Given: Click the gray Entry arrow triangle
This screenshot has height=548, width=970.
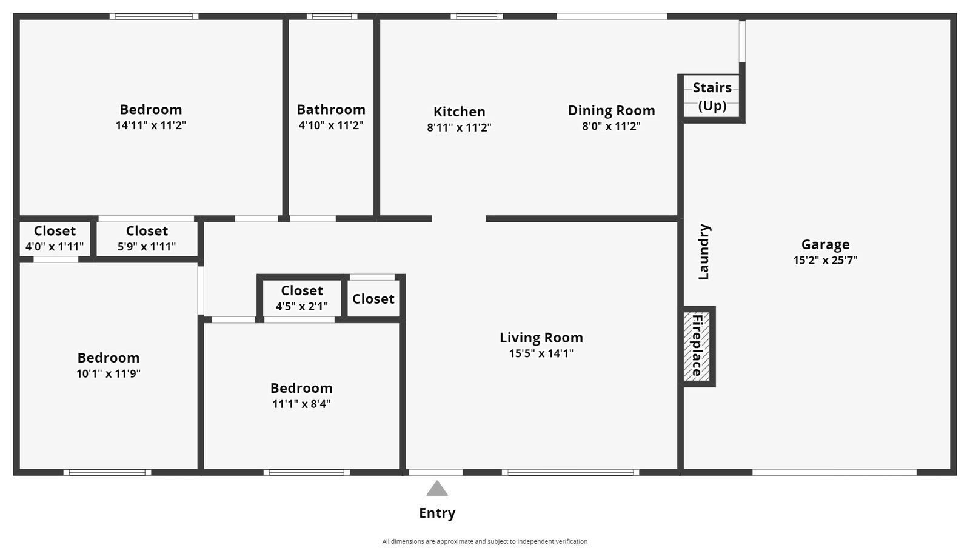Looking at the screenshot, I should (x=436, y=489).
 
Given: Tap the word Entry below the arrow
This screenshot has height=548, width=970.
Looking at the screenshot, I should (x=436, y=513).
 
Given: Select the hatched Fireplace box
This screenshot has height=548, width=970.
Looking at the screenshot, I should (x=697, y=347).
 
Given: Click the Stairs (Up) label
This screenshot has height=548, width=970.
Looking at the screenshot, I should (x=712, y=96).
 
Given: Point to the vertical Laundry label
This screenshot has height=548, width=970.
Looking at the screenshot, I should (x=703, y=252).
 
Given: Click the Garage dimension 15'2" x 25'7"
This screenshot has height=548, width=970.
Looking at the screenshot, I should (x=824, y=261).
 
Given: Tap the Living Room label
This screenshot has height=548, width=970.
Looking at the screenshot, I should (x=541, y=338).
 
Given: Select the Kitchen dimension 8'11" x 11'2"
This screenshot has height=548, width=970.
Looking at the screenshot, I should (x=459, y=127).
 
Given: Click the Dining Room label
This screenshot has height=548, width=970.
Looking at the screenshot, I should (x=611, y=110).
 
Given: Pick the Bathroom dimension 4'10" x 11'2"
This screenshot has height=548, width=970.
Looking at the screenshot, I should (x=330, y=125).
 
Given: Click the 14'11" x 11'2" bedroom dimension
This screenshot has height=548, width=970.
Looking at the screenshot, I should (x=150, y=125).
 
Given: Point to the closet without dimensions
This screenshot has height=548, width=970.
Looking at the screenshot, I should (x=373, y=299).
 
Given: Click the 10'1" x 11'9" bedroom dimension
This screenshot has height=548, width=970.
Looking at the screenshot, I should (x=108, y=373).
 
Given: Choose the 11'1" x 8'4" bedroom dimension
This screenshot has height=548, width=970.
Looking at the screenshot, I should (x=301, y=404).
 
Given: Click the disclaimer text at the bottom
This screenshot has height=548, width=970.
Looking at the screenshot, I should (x=484, y=541).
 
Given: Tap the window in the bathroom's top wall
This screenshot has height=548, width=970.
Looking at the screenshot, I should (x=332, y=16).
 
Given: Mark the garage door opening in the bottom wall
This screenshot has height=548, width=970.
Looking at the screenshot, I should (x=834, y=472).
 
